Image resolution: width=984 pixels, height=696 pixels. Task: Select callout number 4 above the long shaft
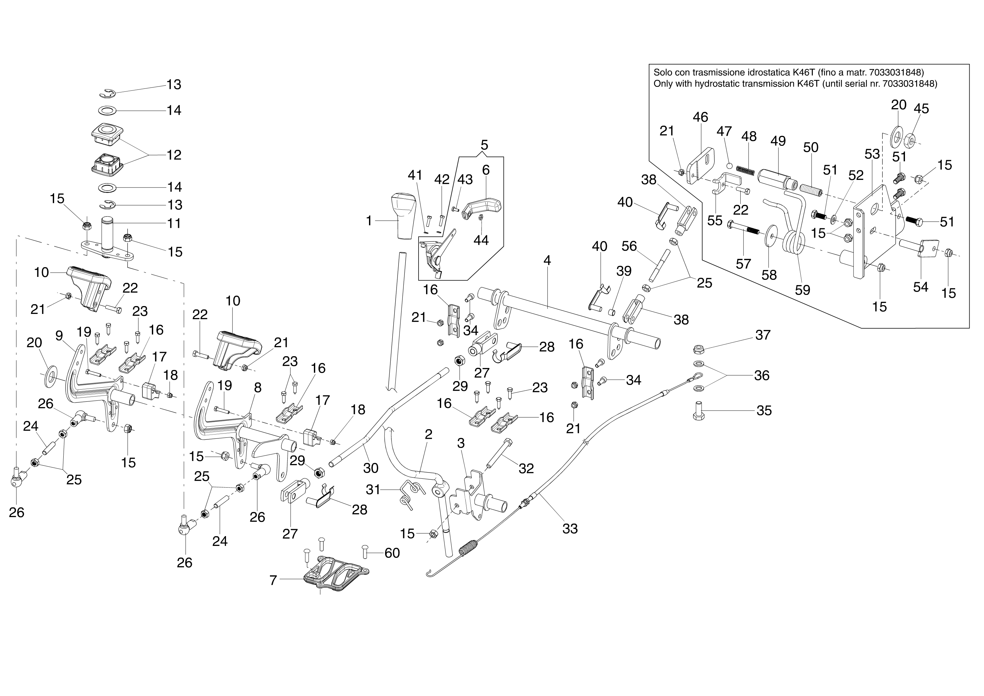[x=547, y=260]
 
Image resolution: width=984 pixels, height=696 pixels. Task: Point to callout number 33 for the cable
[x=570, y=529]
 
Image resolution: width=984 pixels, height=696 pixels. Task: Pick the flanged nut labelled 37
[x=698, y=349]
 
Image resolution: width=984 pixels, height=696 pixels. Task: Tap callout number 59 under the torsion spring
[x=803, y=290]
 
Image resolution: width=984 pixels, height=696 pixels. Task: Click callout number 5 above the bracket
[x=484, y=145]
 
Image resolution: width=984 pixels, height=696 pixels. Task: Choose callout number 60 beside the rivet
[x=392, y=553]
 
